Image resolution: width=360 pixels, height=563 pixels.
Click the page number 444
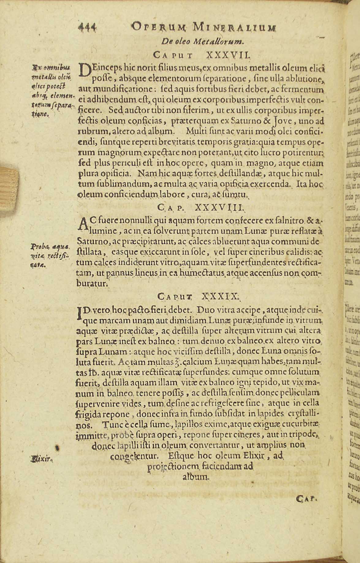pyautogui.click(x=88, y=28)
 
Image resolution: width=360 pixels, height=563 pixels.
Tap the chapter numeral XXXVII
pyautogui.click(x=229, y=55)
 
